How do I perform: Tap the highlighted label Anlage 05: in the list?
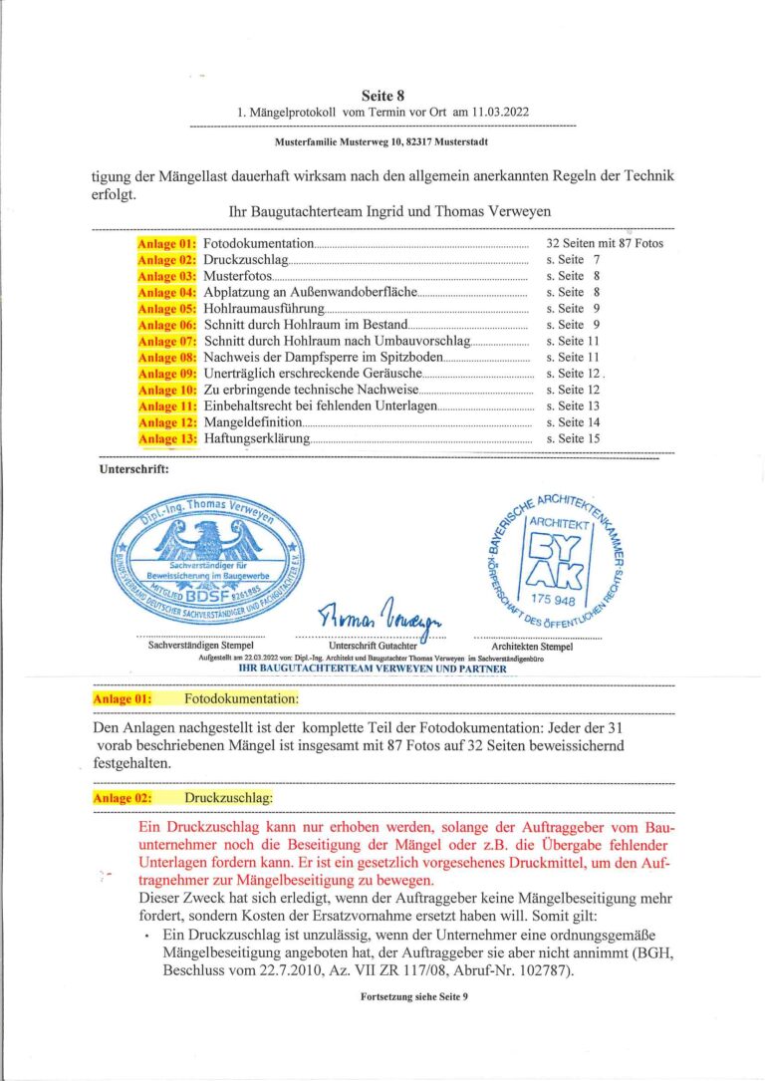167,309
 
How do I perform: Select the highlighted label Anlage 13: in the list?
167,438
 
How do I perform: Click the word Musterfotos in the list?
238,276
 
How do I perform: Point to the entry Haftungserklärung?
258,438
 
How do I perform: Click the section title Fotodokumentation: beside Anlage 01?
227,698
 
